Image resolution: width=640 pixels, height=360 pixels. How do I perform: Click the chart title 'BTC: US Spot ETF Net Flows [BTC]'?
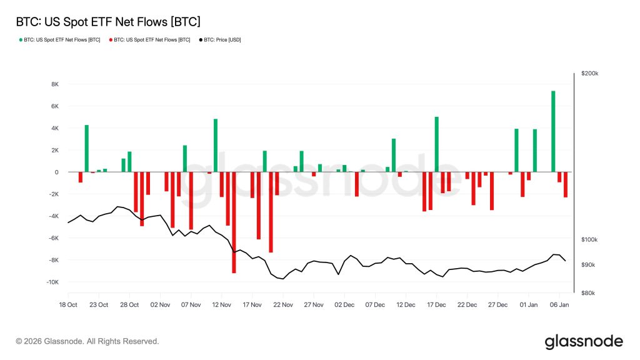[107, 22]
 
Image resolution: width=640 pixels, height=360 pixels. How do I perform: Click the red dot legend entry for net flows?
[150, 40]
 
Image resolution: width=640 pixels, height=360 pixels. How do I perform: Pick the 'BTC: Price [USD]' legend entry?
[219, 40]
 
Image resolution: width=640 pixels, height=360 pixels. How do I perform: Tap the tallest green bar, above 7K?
[553, 131]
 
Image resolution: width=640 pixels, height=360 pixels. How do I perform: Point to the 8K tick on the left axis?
[54, 84]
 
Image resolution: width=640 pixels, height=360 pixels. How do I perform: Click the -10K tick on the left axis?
[52, 282]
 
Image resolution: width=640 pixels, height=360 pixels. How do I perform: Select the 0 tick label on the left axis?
[56, 172]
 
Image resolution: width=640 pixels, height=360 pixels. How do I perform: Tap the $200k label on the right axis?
[589, 74]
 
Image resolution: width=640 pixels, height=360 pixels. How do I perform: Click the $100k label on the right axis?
[589, 240]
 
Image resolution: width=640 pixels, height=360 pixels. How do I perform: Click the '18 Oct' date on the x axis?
[68, 305]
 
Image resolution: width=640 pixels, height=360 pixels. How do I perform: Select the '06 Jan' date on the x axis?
[559, 305]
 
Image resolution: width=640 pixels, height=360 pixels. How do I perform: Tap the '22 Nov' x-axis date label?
[282, 305]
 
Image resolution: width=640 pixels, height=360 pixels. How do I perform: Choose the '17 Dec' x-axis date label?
[436, 305]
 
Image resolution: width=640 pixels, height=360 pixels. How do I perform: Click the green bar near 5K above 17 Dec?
[436, 144]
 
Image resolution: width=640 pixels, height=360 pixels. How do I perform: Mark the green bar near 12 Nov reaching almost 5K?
[216, 146]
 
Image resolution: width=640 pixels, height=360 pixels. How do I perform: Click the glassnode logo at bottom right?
[583, 341]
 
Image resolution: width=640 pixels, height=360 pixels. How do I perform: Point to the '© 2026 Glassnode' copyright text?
[87, 342]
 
